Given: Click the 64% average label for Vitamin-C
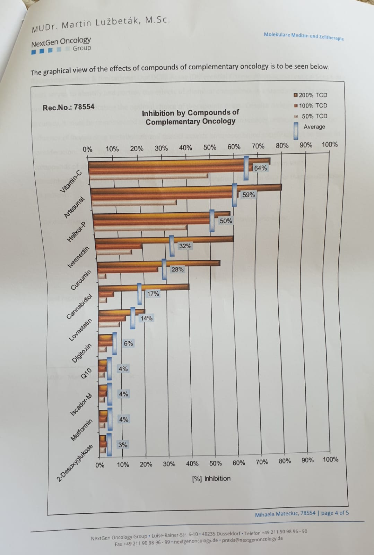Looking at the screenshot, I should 260,168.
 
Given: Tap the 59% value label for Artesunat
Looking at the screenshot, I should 248,195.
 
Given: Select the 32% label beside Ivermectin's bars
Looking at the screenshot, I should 185,246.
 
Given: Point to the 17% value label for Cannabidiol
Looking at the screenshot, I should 153,294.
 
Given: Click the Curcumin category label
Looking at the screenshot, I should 81,280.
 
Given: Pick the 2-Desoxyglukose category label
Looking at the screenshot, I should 75,463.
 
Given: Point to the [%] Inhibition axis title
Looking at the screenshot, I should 211,478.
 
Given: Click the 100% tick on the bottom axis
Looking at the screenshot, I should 330,460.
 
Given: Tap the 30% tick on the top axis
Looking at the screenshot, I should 161,148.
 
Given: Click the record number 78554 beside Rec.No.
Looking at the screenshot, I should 84,107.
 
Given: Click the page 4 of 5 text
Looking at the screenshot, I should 335,513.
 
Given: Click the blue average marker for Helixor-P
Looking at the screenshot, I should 212,221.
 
